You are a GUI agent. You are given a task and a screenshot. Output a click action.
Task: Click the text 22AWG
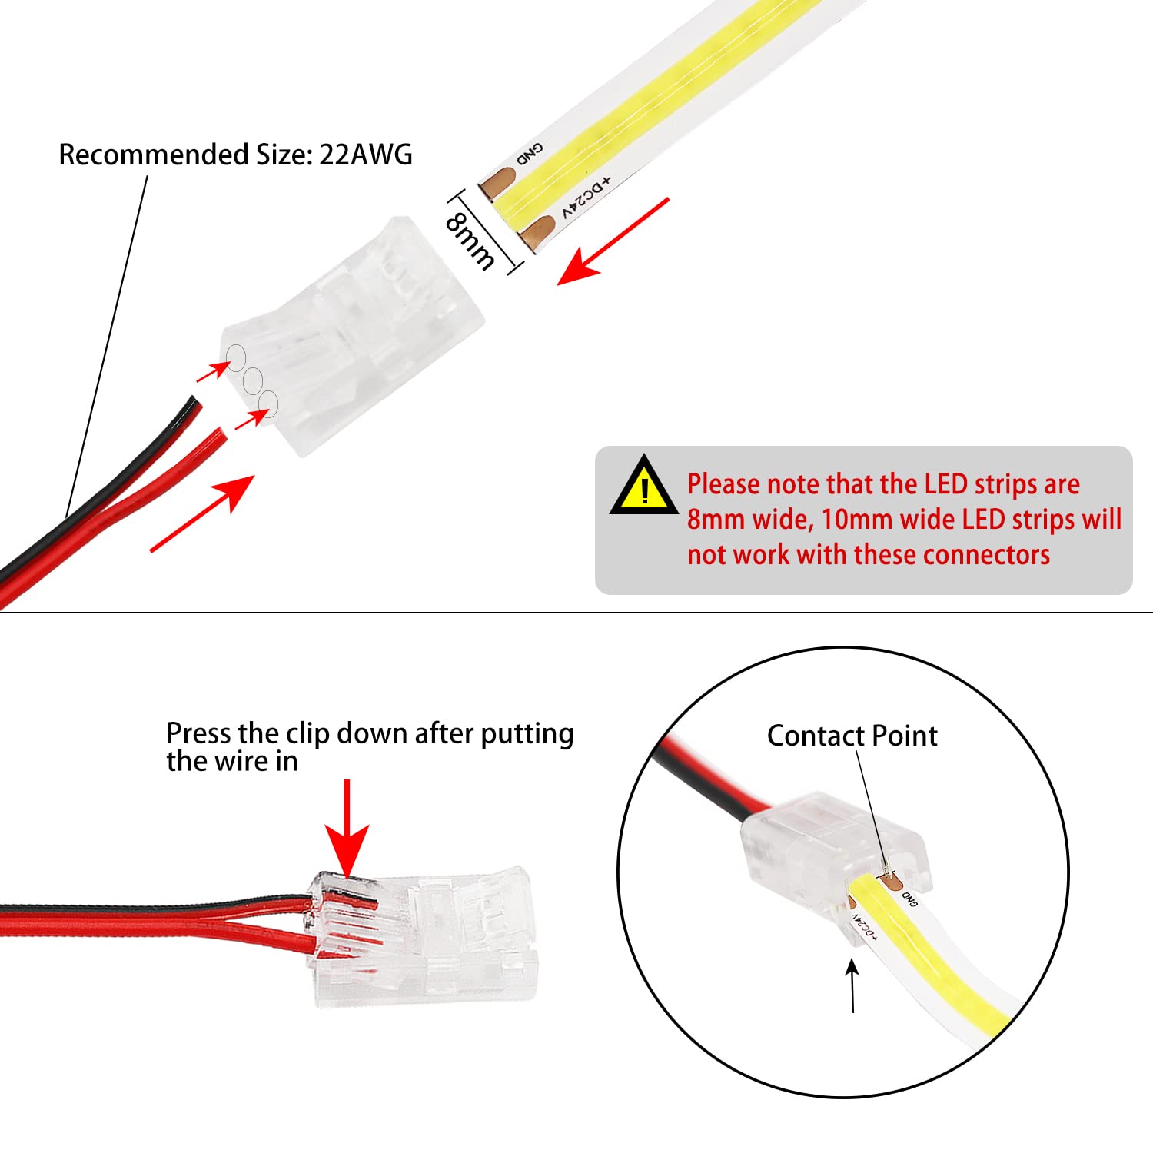point(365,155)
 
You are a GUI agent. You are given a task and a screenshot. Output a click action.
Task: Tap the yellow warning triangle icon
point(643,487)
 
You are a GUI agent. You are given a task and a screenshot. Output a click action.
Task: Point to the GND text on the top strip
point(530,154)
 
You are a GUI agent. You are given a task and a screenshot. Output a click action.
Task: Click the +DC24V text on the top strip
point(586,197)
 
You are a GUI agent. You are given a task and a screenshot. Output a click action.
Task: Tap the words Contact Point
point(852,736)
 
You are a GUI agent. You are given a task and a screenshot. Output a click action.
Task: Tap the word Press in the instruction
point(199,733)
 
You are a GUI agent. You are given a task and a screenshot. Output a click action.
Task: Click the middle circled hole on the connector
point(252,380)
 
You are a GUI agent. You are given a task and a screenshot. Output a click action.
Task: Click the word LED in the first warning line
point(946,484)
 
